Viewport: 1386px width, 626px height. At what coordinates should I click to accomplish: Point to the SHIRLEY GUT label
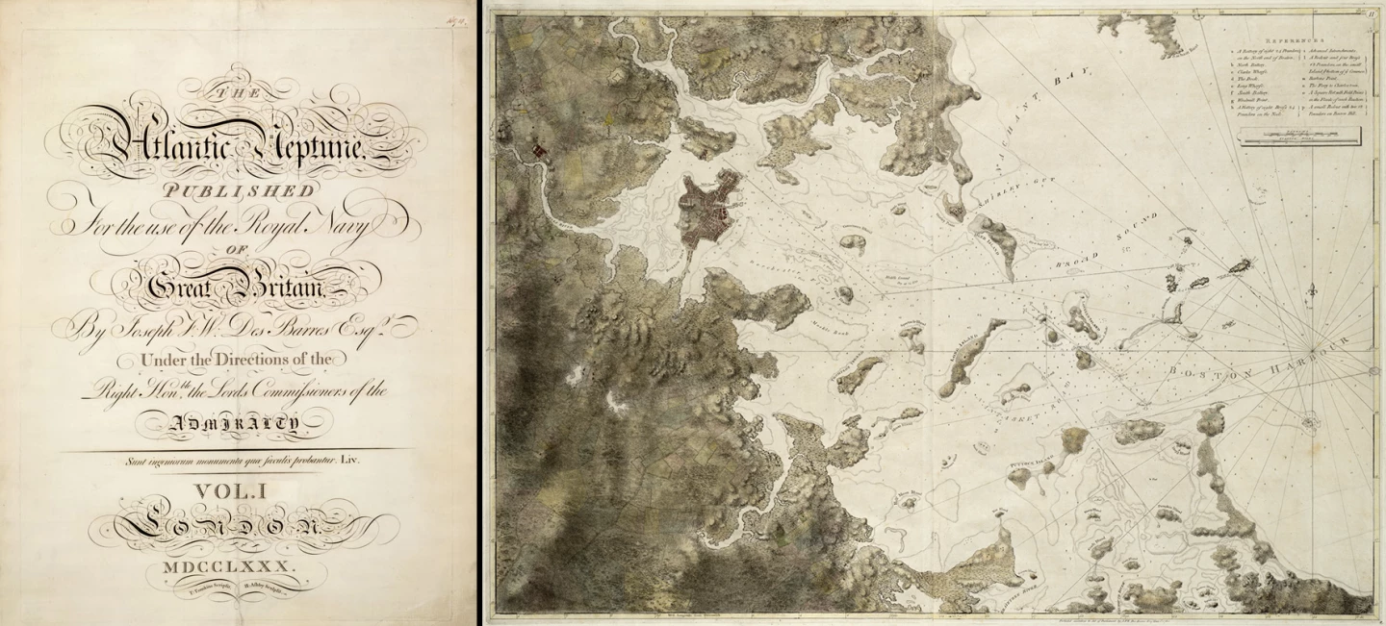click(1001, 191)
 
